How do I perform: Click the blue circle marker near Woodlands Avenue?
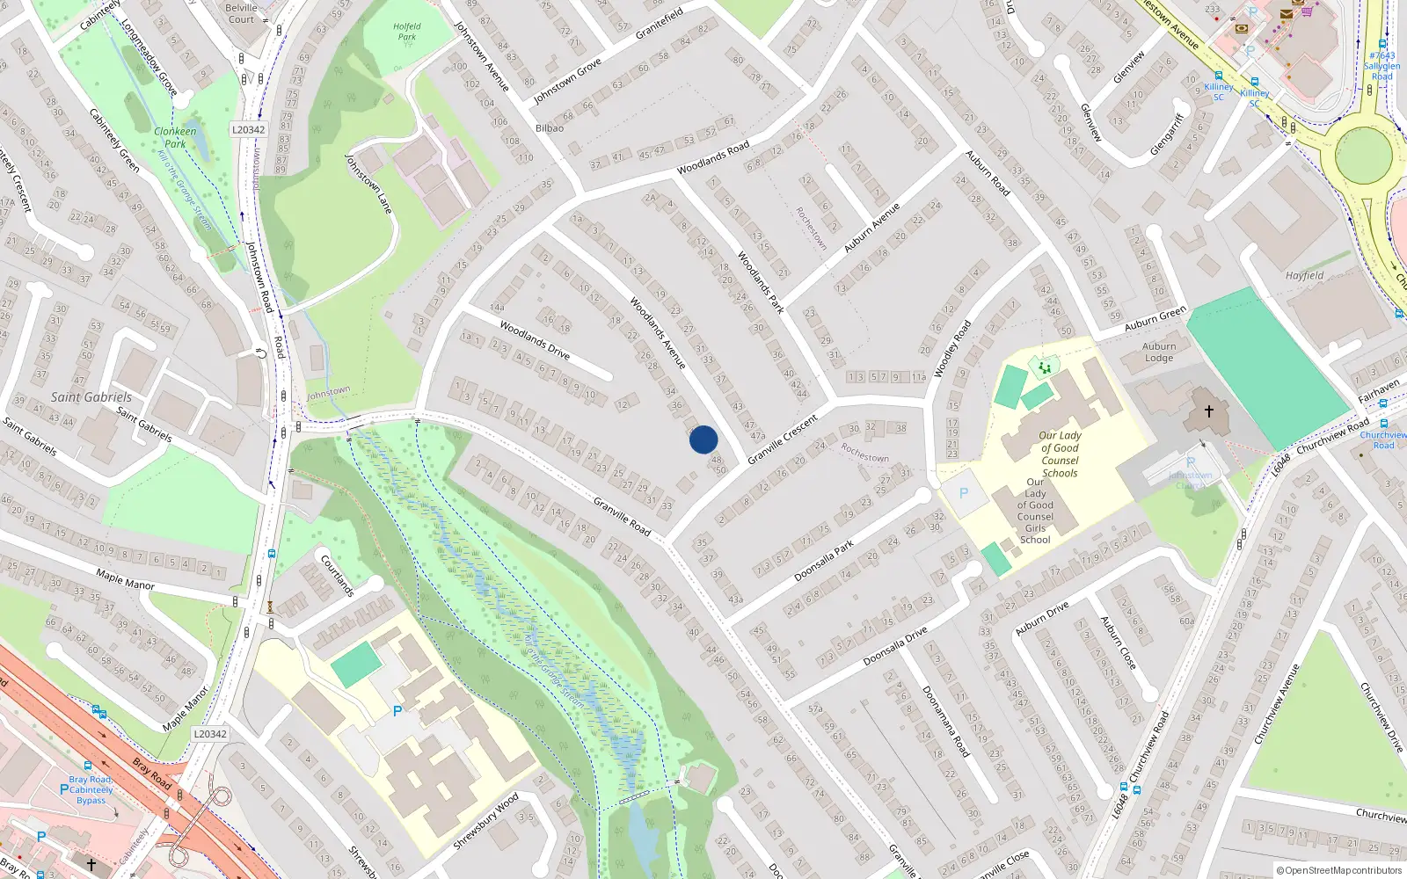(x=703, y=439)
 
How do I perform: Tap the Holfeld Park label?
(x=406, y=32)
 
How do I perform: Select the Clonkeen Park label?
(x=175, y=137)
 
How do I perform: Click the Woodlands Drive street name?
(x=535, y=340)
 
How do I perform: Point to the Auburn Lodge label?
(x=1159, y=352)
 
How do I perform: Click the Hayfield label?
(x=1304, y=275)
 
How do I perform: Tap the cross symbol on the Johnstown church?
(x=1209, y=411)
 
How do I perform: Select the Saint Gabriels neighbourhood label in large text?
(x=91, y=397)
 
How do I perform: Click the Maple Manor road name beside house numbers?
(x=126, y=579)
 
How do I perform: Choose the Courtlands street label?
(x=337, y=575)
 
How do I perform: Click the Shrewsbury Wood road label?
(x=485, y=821)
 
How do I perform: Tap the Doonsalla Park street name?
(x=824, y=561)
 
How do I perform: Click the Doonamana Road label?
(x=945, y=722)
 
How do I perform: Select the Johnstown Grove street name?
(x=567, y=81)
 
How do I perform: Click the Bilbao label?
(x=550, y=128)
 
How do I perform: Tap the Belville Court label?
(x=241, y=13)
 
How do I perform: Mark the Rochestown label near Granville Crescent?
(x=864, y=452)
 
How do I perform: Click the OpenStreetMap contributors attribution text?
(x=1338, y=870)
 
